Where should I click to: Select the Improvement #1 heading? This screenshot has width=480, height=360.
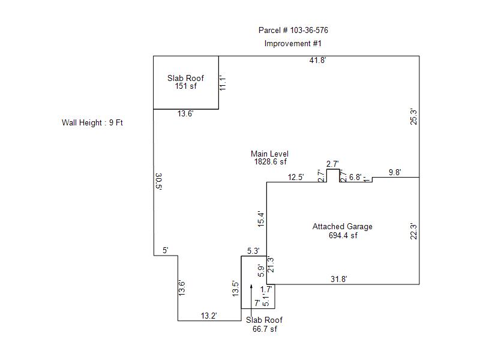[293, 43]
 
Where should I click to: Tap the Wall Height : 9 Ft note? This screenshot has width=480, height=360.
[92, 122]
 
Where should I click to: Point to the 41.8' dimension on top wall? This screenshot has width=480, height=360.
[318, 61]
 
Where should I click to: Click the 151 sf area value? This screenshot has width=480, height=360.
[185, 86]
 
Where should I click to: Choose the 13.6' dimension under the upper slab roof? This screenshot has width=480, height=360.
[185, 113]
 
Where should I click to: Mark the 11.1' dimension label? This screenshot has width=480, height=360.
[222, 82]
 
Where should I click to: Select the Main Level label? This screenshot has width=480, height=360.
[269, 154]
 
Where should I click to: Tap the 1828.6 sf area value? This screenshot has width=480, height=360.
[270, 161]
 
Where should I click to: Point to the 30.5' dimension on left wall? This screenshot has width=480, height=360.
[158, 181]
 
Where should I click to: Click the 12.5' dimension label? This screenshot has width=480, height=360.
[296, 177]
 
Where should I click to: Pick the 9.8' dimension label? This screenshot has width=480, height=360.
[395, 172]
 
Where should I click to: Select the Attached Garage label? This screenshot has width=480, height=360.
[343, 226]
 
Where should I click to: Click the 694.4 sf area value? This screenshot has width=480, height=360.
[343, 235]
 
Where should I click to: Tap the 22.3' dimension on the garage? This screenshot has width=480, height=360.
[413, 231]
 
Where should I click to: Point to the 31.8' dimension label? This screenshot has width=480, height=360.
[339, 278]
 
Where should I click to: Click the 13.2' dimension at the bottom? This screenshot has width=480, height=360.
[208, 316]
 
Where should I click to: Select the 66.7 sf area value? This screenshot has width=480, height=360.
[265, 329]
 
